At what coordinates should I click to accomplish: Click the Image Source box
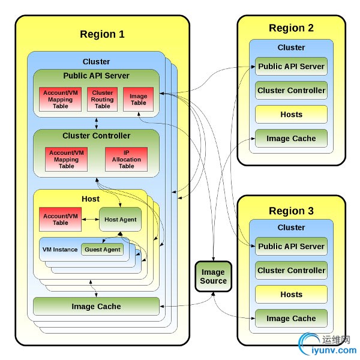(214, 277)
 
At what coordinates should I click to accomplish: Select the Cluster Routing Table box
(103, 100)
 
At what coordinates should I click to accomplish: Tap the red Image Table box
(139, 100)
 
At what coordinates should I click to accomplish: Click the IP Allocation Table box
(127, 160)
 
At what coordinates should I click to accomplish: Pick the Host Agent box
(120, 220)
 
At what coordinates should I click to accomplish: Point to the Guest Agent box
(103, 250)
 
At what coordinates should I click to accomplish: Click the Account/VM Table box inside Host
(60, 220)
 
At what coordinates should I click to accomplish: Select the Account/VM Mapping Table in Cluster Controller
(67, 160)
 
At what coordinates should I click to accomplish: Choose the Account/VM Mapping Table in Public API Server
(60, 100)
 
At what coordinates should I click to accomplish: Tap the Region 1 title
(102, 34)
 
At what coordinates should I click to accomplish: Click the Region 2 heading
(291, 28)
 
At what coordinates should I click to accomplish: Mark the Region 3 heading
(291, 211)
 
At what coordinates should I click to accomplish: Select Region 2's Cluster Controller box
(291, 91)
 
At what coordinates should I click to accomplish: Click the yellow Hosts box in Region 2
(291, 115)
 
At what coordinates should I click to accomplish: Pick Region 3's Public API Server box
(291, 247)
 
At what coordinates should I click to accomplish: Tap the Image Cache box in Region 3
(291, 319)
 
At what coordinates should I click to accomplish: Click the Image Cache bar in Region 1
(96, 307)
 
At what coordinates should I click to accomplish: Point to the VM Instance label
(60, 250)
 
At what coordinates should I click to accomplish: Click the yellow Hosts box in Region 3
(291, 295)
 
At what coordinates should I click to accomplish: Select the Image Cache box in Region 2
(291, 139)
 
